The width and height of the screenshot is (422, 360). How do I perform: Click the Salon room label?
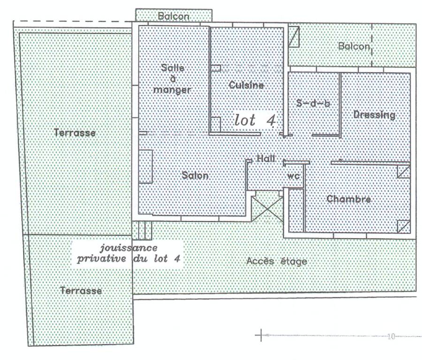[x=195, y=175]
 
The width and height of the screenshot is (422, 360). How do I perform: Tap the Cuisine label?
[x=246, y=85]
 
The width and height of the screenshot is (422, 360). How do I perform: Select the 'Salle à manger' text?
[x=172, y=79]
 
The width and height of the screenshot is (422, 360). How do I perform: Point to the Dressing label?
[x=374, y=115]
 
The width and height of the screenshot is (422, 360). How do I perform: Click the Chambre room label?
[x=349, y=199]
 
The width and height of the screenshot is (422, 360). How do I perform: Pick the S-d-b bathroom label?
[x=313, y=103]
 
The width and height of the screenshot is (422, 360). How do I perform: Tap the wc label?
[x=294, y=176]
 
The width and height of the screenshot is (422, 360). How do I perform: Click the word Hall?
[x=266, y=158]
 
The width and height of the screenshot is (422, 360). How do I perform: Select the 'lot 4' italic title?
[x=255, y=120]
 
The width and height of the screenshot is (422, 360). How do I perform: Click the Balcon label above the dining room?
[x=173, y=16]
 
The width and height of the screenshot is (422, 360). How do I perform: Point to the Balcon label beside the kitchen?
[x=354, y=46]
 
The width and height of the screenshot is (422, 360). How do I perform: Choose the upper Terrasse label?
[x=75, y=133]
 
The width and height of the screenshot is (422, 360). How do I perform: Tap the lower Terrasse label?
[x=81, y=291]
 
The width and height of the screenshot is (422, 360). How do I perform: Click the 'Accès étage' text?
[x=277, y=261]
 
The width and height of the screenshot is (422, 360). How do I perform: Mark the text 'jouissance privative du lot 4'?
[x=128, y=253]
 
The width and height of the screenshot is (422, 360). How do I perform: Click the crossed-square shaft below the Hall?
[x=267, y=206]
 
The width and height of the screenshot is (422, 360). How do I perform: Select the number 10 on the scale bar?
[x=391, y=336]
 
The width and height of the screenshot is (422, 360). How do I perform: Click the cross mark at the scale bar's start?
[x=261, y=335]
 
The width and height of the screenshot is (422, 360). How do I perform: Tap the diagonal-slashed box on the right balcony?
[x=294, y=37]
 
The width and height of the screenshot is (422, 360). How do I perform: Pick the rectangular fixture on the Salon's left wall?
[x=146, y=166]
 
